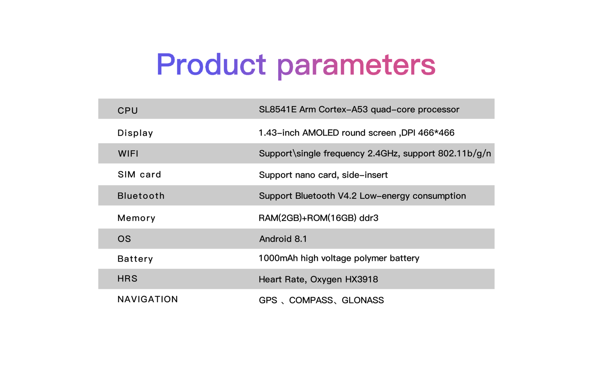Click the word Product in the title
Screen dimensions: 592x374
[x=211, y=64]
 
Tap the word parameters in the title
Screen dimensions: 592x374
[x=356, y=66]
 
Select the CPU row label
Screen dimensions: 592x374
[x=128, y=111]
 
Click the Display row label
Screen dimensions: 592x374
[x=135, y=133]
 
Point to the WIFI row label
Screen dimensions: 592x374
[x=128, y=154]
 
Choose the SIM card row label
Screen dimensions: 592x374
[x=139, y=175]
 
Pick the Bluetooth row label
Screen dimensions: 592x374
[x=141, y=196]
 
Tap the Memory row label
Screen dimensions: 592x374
[x=137, y=218]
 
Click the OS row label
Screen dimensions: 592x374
[x=124, y=239]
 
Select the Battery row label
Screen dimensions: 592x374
[x=135, y=259]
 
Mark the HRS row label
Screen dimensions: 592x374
[x=127, y=279]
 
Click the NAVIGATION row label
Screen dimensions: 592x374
[x=148, y=299]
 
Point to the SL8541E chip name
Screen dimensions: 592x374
[x=278, y=109]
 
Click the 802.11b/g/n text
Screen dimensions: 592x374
[x=464, y=154]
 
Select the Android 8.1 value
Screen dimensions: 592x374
[x=283, y=239]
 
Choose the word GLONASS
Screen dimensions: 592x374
[x=363, y=300]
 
